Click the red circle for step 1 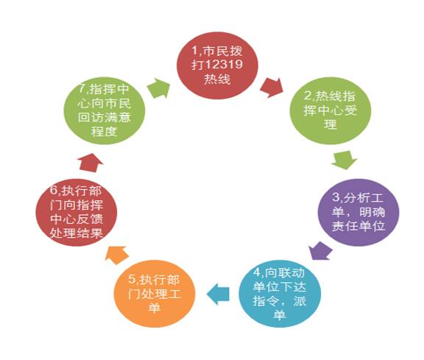pyautogui.click(x=217, y=66)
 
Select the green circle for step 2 pyautogui.click(x=331, y=110)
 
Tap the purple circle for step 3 pyautogui.click(x=358, y=212)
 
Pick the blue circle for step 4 pyautogui.click(x=280, y=294)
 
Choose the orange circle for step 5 pyautogui.click(x=155, y=294)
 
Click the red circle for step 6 pyautogui.click(x=77, y=212)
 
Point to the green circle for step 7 pyautogui.click(x=105, y=110)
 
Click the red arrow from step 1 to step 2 pyautogui.click(x=272, y=88)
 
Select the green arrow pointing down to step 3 pyautogui.click(x=344, y=160)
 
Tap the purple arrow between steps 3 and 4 pyautogui.click(x=320, y=251)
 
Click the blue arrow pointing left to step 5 pyautogui.click(x=218, y=294)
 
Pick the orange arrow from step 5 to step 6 pyautogui.click(x=117, y=255)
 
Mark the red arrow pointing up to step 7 pyautogui.click(x=90, y=163)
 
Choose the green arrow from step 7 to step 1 pyautogui.click(x=159, y=88)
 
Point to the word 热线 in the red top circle pyautogui.click(x=217, y=80)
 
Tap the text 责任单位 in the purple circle pyautogui.click(x=358, y=226)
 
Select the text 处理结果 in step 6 pyautogui.click(x=77, y=233)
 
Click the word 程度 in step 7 pyautogui.click(x=104, y=132)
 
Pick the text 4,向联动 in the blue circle pyautogui.click(x=279, y=273)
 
